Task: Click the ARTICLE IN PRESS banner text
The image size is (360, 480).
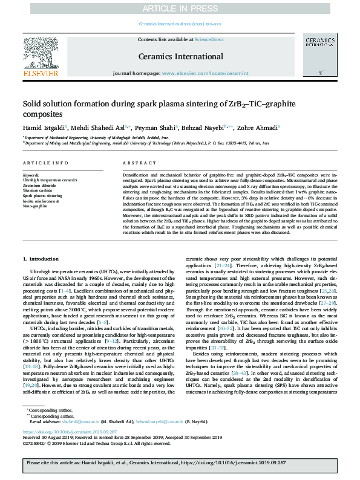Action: [x=180, y=8]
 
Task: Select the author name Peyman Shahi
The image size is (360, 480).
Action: [x=160, y=127]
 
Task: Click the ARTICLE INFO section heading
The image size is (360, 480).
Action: [x=41, y=164]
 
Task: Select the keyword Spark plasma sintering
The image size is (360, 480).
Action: [x=42, y=196]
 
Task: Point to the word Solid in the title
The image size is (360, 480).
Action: [x=34, y=103]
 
